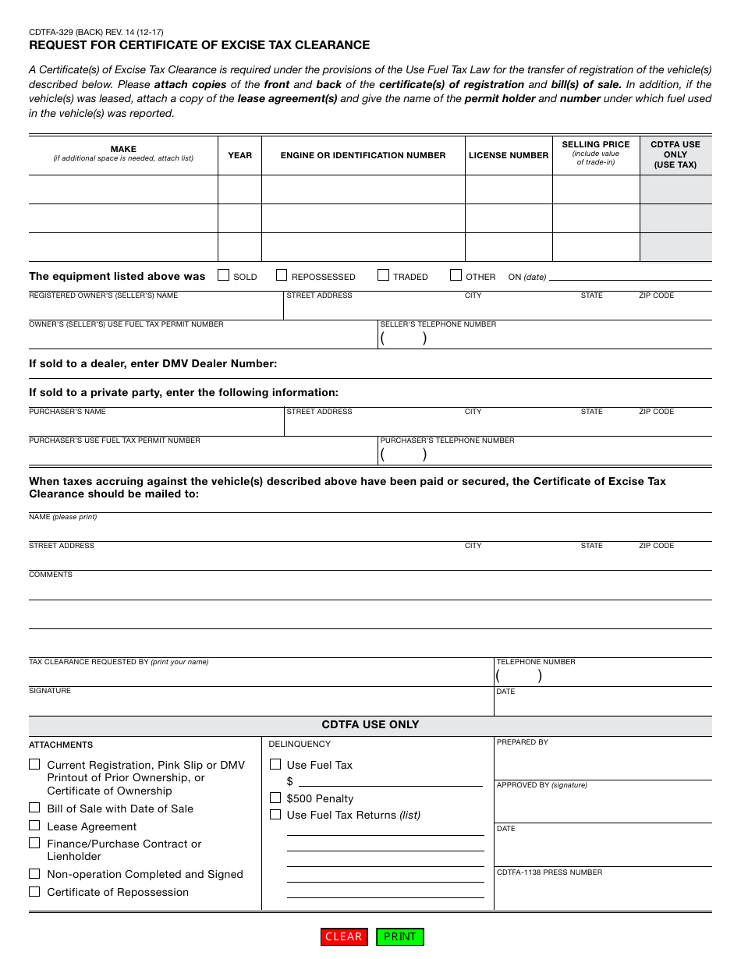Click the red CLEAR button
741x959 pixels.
click(x=344, y=936)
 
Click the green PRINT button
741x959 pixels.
click(x=400, y=936)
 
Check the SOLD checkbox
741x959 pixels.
click(x=224, y=275)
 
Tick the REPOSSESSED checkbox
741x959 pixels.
click(x=282, y=275)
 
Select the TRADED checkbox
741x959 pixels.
click(x=383, y=275)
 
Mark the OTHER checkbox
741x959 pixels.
click(x=456, y=275)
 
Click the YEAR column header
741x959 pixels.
click(x=239, y=155)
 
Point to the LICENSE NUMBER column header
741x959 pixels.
click(x=509, y=155)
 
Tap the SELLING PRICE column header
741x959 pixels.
click(x=596, y=145)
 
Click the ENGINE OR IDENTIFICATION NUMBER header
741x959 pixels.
click(x=363, y=155)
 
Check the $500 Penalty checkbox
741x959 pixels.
click(x=275, y=798)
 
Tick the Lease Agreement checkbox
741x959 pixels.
click(x=34, y=826)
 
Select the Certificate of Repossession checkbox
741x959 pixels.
click(x=34, y=891)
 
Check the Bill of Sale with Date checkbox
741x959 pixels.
click(x=34, y=808)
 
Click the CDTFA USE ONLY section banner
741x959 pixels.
click(x=370, y=725)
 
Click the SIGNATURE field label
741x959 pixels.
click(x=50, y=691)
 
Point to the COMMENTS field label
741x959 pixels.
click(x=51, y=575)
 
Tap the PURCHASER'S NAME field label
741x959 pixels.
click(x=67, y=412)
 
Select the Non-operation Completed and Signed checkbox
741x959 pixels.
click(x=34, y=874)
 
